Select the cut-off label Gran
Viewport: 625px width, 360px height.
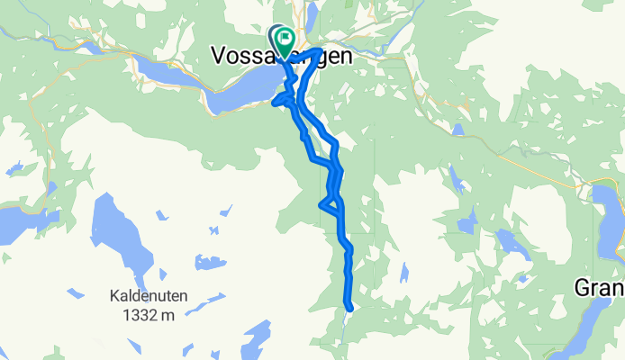(600, 288)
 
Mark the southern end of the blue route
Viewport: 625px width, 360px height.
(349, 309)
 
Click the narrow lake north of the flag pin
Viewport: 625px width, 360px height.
(312, 13)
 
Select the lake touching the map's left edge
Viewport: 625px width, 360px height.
(18, 225)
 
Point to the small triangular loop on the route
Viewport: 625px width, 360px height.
(331, 203)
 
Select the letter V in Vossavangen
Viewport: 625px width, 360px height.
(219, 56)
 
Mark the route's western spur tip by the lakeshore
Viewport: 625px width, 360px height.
(274, 103)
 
